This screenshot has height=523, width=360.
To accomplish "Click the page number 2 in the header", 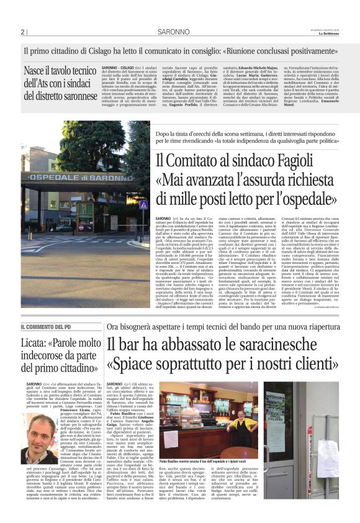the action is (22, 32).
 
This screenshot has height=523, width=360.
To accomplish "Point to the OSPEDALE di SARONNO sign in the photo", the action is (79, 178).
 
